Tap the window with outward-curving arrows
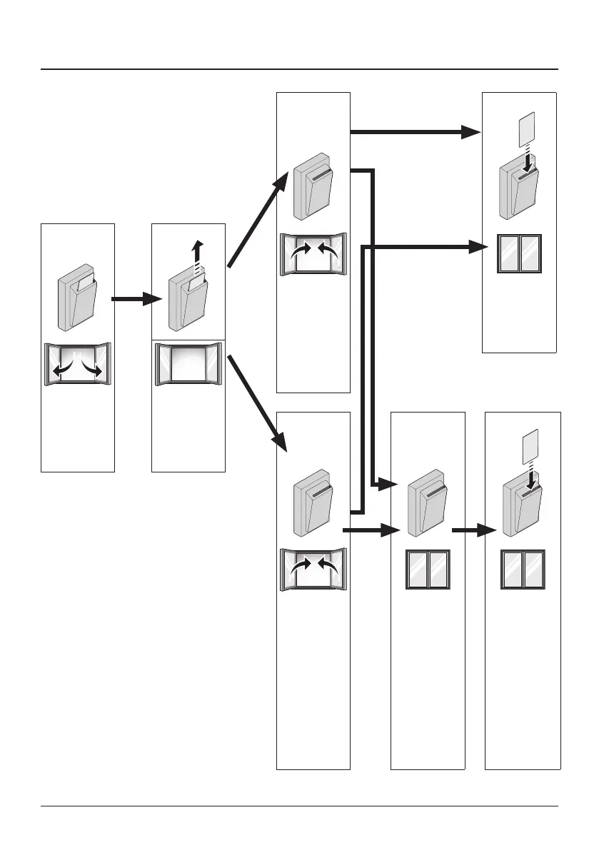tap(78, 363)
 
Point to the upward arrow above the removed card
tap(198, 254)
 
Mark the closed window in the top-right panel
tap(520, 253)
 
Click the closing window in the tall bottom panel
tap(313, 570)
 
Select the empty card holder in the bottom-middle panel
tap(426, 507)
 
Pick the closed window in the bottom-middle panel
tap(428, 569)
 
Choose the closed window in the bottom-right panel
tap(522, 569)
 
